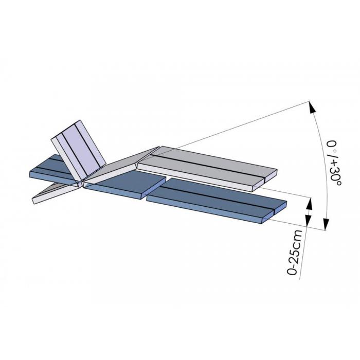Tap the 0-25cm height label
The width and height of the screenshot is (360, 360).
295,252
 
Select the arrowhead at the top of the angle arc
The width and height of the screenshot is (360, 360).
312,107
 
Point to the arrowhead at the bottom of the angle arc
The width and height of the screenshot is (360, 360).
326,224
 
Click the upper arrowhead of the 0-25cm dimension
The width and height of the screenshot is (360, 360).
310,204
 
